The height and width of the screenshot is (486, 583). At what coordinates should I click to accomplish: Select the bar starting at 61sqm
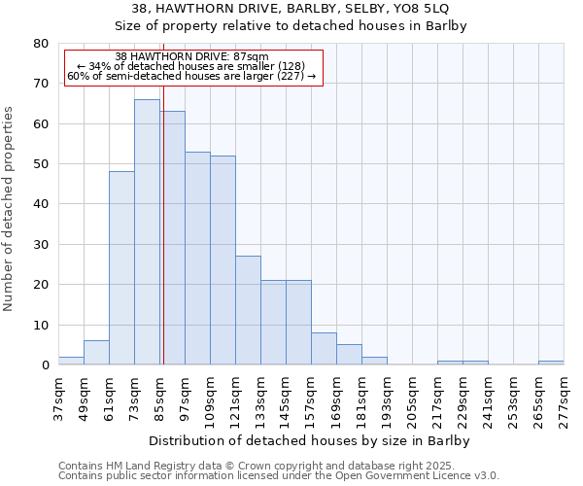121,267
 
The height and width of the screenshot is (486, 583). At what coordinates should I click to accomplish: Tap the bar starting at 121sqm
248,310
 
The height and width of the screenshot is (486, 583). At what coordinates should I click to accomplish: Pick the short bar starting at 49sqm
96,353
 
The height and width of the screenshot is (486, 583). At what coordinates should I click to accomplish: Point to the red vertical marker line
163,243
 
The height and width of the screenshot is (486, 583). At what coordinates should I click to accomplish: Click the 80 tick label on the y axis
41,44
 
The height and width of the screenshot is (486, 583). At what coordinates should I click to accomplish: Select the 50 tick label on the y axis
41,164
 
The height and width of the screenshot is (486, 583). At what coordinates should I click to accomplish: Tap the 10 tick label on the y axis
41,325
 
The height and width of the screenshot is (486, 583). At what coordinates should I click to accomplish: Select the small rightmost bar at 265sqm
551,363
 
